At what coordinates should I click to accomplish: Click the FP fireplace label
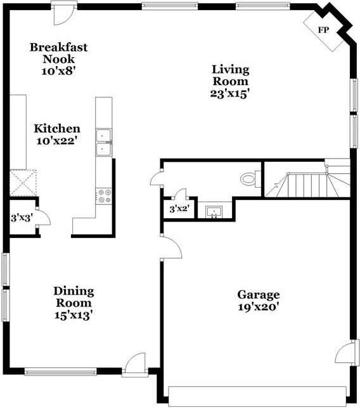323,30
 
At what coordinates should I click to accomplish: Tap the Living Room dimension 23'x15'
230,93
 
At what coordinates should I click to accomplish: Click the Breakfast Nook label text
58,53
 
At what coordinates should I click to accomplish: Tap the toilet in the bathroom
249,179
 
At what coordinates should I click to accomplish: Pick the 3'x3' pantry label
22,218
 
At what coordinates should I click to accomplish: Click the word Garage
258,294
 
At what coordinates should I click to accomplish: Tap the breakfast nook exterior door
62,10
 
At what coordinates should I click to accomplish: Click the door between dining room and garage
170,247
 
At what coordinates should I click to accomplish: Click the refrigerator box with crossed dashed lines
23,183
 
